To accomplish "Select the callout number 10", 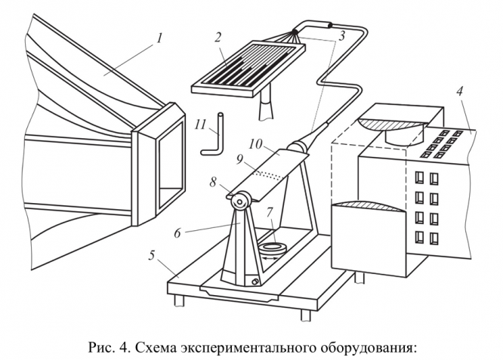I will coord(256,143).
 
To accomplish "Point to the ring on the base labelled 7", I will coord(272,247).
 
